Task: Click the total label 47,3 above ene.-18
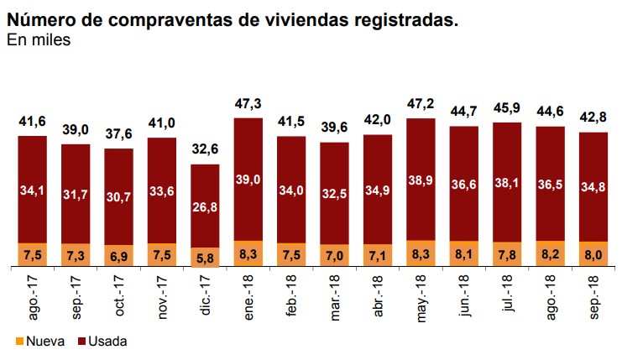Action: click(x=248, y=103)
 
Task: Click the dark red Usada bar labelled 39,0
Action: click(x=248, y=180)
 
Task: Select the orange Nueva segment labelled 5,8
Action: click(x=205, y=258)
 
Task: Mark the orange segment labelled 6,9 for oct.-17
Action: click(x=118, y=256)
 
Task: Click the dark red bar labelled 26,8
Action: click(x=205, y=206)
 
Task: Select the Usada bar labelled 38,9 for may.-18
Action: click(x=421, y=180)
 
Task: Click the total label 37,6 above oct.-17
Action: click(x=118, y=134)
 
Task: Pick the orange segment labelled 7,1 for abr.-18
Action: click(x=378, y=255)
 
